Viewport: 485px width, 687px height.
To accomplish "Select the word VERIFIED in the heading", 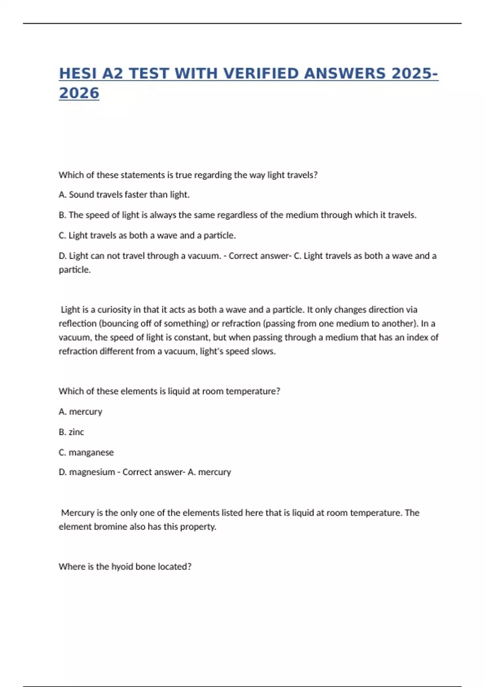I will (261, 74).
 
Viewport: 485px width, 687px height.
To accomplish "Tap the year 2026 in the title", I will (79, 93).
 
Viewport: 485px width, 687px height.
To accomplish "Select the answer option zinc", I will (76, 432).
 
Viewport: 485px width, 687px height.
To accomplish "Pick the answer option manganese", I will (91, 453).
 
